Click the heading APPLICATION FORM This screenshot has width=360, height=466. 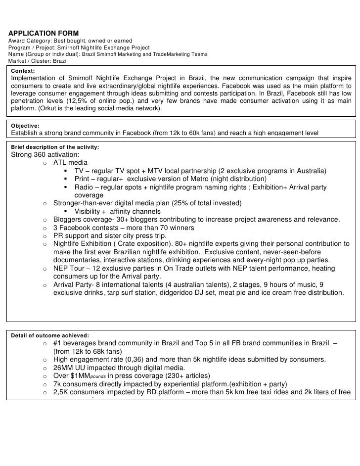pyautogui.click(x=44, y=33)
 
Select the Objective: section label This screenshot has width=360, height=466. pyautogui.click(x=25, y=126)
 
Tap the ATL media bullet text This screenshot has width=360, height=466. pyautogui.click(x=71, y=162)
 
